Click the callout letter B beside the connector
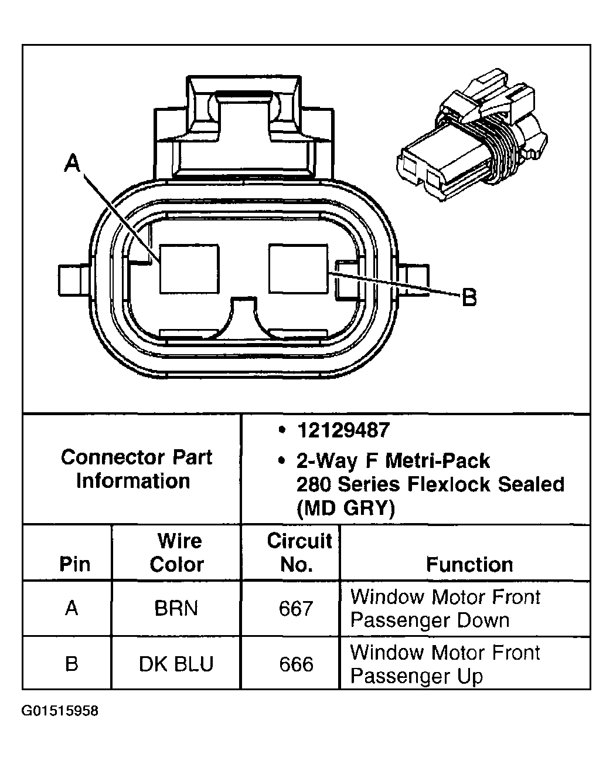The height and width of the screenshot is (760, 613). (469, 298)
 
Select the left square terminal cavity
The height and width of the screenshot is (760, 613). (189, 269)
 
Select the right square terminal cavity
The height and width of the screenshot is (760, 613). (298, 269)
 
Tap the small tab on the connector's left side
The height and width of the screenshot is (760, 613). (73, 279)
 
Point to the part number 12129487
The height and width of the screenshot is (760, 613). (343, 430)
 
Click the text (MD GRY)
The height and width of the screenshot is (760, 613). (345, 508)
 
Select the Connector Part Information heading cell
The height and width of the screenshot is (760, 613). (135, 469)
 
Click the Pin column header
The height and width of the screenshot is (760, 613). (74, 564)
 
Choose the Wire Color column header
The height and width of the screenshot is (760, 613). (176, 552)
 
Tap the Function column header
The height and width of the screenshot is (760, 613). (469, 564)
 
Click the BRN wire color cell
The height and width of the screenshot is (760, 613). (176, 608)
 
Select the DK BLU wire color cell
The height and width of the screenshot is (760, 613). (176, 664)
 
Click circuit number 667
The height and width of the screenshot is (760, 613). (296, 609)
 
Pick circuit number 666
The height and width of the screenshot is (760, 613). (296, 664)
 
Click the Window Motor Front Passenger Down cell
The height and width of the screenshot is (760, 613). (445, 608)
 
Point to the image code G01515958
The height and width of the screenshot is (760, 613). (60, 711)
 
